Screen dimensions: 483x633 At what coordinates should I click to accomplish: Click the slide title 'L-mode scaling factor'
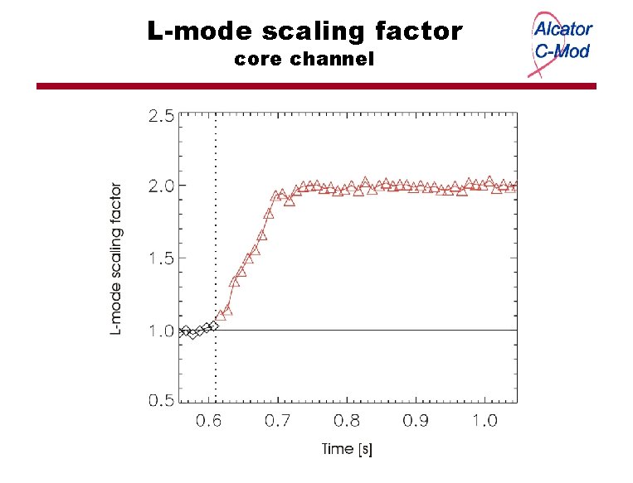pos(305,31)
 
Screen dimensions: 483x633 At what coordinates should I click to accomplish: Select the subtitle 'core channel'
pos(304,60)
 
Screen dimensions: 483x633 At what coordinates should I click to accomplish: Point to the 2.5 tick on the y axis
pos(161,116)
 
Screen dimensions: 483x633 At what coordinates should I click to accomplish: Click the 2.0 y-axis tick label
pos(161,186)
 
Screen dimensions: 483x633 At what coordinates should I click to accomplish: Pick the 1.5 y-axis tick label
pos(161,258)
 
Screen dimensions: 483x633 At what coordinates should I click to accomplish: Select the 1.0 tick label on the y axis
pos(161,331)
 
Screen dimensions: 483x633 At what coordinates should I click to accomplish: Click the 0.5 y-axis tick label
pos(161,401)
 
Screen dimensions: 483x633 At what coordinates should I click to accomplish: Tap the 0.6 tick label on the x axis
pos(208,421)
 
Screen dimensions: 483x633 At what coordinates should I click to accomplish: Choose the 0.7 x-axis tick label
pos(278,421)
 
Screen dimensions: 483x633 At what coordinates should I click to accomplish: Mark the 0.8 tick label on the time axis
pos(347,421)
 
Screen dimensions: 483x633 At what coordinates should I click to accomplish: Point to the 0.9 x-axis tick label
pos(416,421)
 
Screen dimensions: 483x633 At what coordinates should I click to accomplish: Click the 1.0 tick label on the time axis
pos(485,421)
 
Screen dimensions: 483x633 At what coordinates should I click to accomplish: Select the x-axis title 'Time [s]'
pos(347,450)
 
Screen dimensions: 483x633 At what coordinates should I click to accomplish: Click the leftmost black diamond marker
pos(184,331)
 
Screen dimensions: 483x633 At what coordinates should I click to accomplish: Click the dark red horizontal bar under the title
pos(315,86)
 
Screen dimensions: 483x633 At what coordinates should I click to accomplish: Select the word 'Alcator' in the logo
pos(562,29)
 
